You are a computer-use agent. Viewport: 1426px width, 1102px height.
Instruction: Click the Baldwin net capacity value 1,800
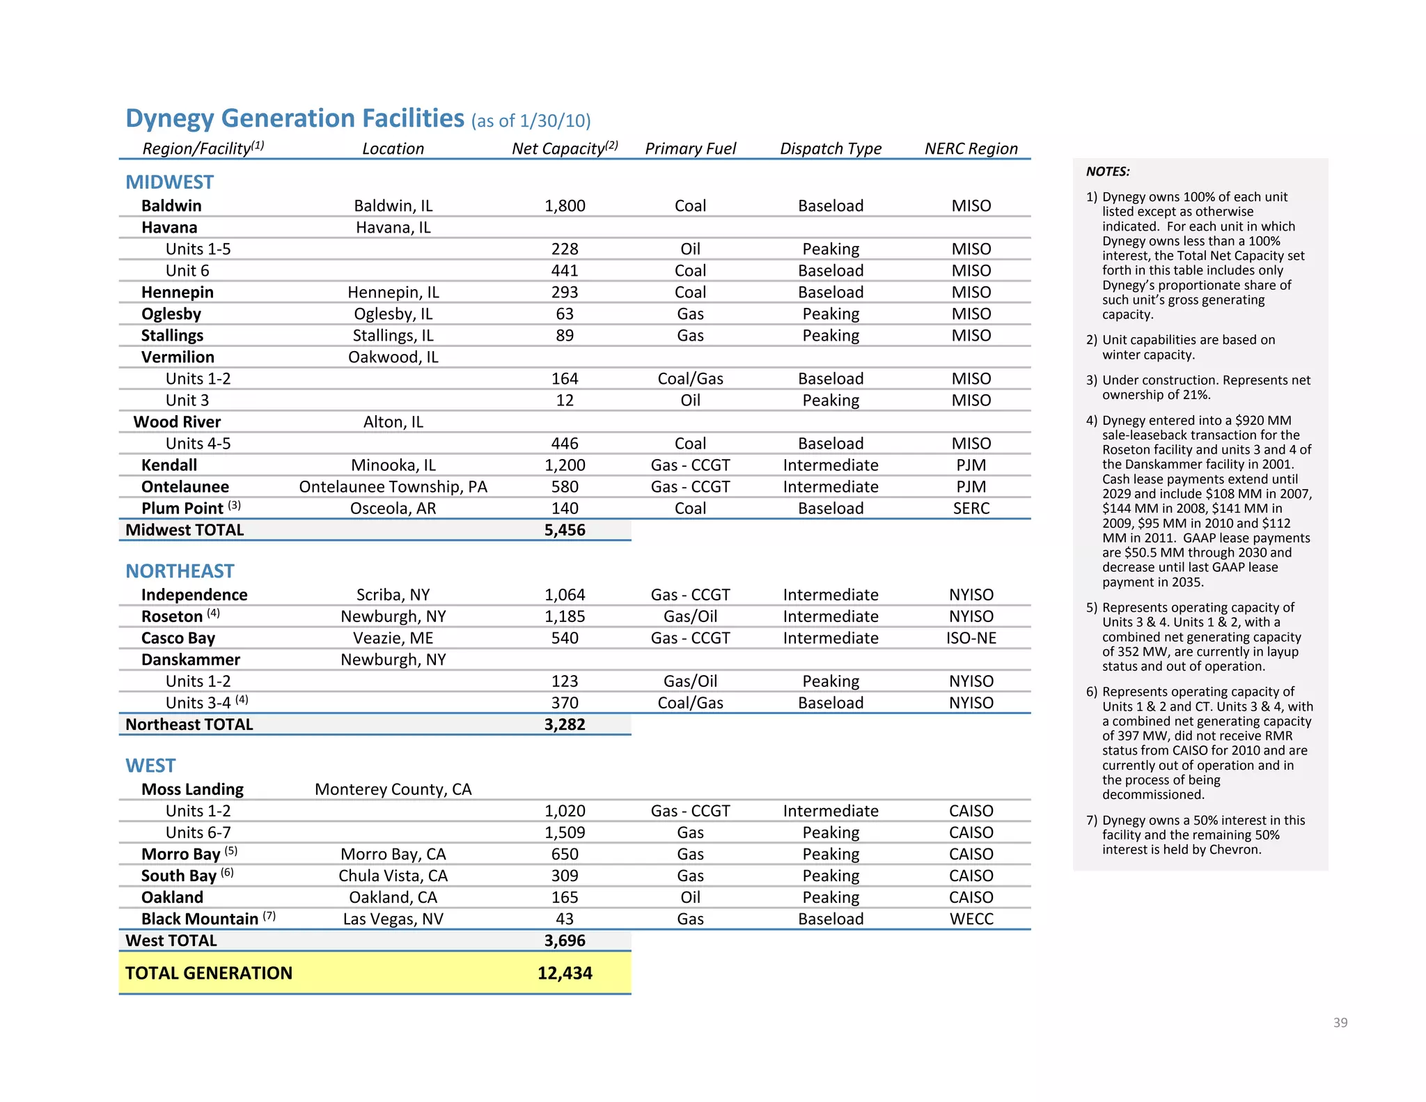pyautogui.click(x=564, y=205)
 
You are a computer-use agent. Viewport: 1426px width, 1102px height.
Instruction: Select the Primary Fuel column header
pyautogui.click(x=690, y=148)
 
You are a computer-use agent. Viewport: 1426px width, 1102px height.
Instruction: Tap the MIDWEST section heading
pyautogui.click(x=169, y=183)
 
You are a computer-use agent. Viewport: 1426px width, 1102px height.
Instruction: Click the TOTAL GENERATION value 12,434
pyautogui.click(x=564, y=973)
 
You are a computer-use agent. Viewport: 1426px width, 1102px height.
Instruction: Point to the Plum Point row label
pyautogui.click(x=182, y=509)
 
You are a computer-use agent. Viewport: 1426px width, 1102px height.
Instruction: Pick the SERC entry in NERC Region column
pyautogui.click(x=971, y=509)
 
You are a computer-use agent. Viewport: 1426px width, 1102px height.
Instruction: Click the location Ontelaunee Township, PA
pyautogui.click(x=393, y=487)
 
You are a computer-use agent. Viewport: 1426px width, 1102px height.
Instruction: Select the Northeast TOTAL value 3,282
pyautogui.click(x=564, y=724)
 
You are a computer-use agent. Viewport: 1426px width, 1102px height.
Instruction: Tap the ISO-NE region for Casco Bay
pyautogui.click(x=971, y=638)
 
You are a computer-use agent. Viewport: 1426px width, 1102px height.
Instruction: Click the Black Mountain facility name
pyautogui.click(x=200, y=919)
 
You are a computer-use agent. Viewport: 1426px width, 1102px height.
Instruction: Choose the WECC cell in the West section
pyautogui.click(x=971, y=919)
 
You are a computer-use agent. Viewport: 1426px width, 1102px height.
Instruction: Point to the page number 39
pyautogui.click(x=1340, y=1023)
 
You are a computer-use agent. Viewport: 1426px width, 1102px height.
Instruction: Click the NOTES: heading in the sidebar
pyautogui.click(x=1107, y=171)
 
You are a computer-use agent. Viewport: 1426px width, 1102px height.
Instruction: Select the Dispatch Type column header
pyautogui.click(x=830, y=148)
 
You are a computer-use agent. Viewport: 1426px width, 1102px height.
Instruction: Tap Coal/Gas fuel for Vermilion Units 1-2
pyautogui.click(x=690, y=379)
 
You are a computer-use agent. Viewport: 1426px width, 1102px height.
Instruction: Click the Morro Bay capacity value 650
pyautogui.click(x=564, y=854)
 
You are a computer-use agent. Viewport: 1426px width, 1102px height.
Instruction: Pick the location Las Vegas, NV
pyautogui.click(x=393, y=919)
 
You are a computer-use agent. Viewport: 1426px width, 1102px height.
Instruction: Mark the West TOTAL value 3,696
pyautogui.click(x=564, y=940)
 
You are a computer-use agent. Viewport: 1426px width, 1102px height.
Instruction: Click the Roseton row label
pyautogui.click(x=172, y=616)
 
